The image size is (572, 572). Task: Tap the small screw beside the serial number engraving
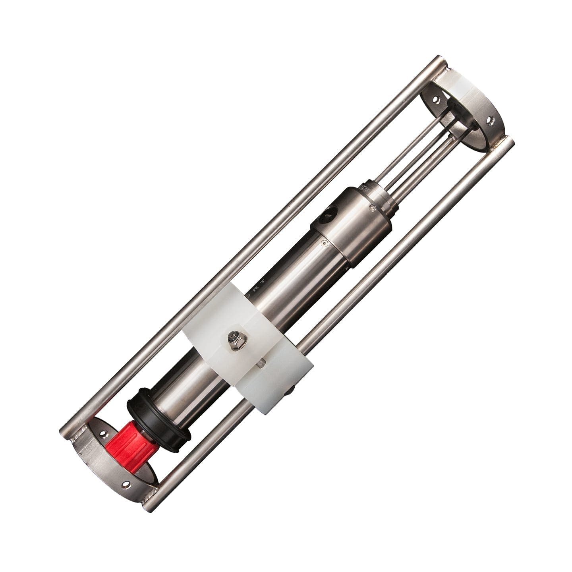371,207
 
